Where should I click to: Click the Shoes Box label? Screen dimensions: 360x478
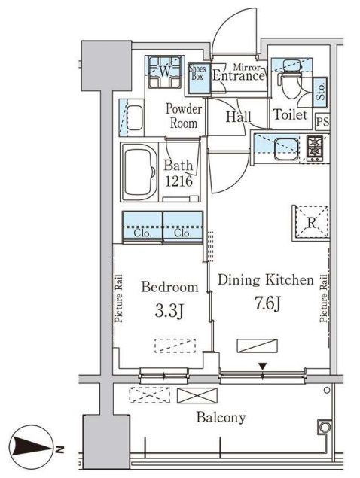pos(197,72)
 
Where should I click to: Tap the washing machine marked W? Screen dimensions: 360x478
pos(165,72)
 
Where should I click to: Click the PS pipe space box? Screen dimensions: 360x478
pos(322,122)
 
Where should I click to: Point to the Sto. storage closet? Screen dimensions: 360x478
pos(320,92)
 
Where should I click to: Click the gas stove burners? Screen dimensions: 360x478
pos(315,148)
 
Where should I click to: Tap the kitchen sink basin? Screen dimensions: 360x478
pos(286,149)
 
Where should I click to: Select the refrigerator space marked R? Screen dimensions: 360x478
pos(310,223)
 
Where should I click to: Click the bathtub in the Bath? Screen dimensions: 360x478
pos(139,172)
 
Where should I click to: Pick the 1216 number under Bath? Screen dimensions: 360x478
pos(178,181)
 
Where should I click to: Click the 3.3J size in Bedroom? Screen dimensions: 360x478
pos(169,311)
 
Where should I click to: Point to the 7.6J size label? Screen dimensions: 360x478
pos(267,303)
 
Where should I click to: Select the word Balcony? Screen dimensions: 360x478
pos(221,417)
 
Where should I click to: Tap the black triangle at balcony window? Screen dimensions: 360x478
pos(263,366)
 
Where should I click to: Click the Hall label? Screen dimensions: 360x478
pos(239,117)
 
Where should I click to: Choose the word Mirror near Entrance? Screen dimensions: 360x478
pos(247,67)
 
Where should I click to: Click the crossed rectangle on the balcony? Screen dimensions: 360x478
pos(197,395)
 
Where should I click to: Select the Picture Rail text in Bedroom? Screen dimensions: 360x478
pos(118,298)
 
